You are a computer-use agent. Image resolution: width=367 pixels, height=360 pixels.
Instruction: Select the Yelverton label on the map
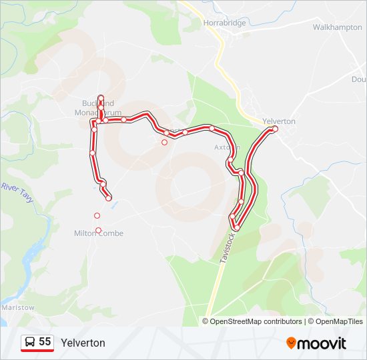point(279,121)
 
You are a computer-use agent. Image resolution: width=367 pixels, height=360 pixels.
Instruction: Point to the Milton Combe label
point(99,233)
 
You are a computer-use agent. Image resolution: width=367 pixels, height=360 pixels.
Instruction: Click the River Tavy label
point(17,193)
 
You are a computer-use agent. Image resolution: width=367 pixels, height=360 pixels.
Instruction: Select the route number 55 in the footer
point(45,342)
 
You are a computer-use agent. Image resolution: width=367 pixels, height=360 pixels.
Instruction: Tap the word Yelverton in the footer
point(83,343)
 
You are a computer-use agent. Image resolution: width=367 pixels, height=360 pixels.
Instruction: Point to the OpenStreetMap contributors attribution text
point(256,321)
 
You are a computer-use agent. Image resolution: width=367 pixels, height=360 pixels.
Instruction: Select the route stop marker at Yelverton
point(274,129)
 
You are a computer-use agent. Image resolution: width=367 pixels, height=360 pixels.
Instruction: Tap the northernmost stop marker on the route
point(101,98)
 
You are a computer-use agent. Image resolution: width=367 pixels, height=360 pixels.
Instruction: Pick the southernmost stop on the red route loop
point(236,228)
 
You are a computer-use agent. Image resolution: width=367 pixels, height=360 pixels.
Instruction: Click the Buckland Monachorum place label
point(98,108)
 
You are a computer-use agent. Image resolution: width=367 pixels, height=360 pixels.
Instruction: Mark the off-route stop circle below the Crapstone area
point(165,142)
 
